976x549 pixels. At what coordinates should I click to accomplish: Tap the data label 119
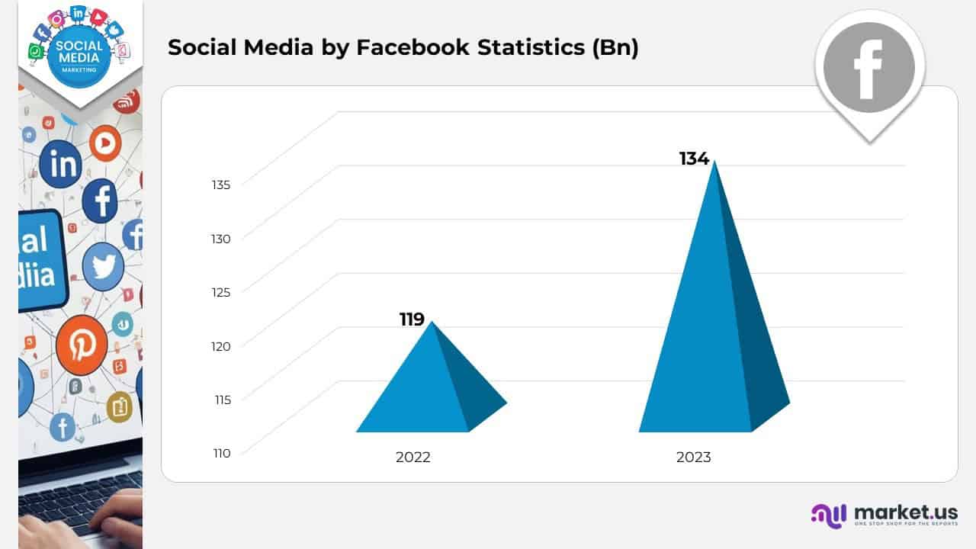pyautogui.click(x=412, y=319)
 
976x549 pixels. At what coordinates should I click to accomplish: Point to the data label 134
pyautogui.click(x=694, y=159)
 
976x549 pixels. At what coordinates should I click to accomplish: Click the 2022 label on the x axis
pyautogui.click(x=413, y=457)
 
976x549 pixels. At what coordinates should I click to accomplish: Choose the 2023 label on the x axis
pyautogui.click(x=693, y=457)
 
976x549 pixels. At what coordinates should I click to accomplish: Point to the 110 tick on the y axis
pyautogui.click(x=221, y=453)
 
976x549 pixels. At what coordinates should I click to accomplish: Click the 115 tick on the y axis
pyautogui.click(x=221, y=399)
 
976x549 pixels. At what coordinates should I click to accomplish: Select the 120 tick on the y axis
pyautogui.click(x=221, y=346)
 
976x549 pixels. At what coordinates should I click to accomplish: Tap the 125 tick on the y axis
pyautogui.click(x=221, y=291)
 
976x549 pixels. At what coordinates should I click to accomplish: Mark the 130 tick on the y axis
pyautogui.click(x=221, y=239)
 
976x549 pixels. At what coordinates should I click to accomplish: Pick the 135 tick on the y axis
pyautogui.click(x=221, y=184)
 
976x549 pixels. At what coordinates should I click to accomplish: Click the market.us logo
pyautogui.click(x=884, y=514)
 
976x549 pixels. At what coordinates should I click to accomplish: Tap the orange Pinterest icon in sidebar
pyautogui.click(x=81, y=345)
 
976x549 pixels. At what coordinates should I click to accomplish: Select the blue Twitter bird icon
pyautogui.click(x=103, y=267)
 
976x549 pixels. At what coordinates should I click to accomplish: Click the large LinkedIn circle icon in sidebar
pyautogui.click(x=60, y=164)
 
